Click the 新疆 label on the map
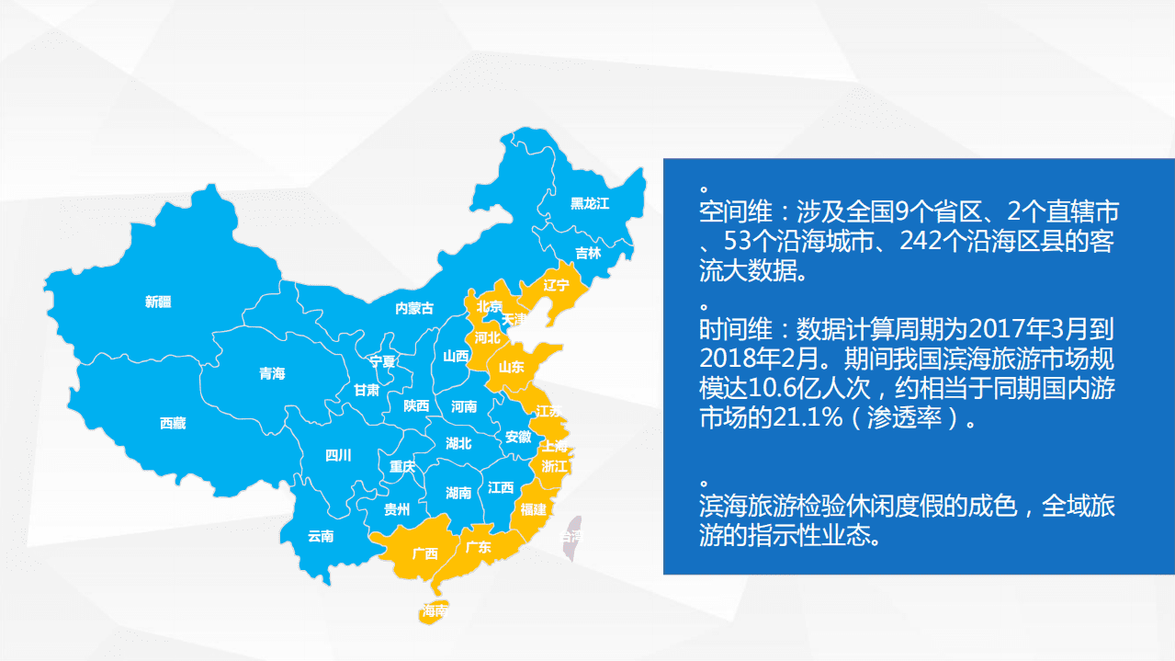pos(158,302)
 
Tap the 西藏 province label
pos(173,423)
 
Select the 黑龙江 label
pos(590,203)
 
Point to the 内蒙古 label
pos(413,308)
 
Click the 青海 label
pos(272,373)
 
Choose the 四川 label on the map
pos(338,455)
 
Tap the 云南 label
pos(321,536)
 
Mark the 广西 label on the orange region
pos(425,553)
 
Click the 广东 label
pos(478,547)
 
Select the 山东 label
pos(511,367)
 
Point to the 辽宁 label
pos(557,284)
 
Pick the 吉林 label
pos(588,253)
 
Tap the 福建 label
pos(533,508)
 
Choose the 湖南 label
pos(458,493)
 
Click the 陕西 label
pos(416,405)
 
